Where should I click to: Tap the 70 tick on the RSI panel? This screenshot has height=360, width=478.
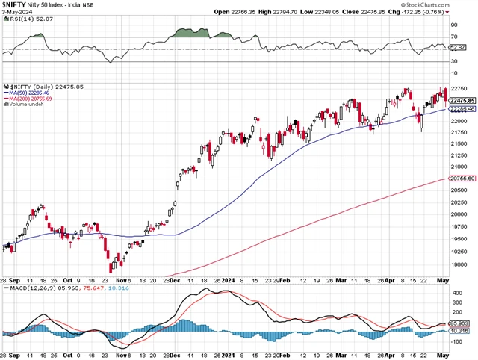coord(454,36)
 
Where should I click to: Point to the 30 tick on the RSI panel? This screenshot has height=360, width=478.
coord(454,61)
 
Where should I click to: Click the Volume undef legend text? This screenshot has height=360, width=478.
coord(25,105)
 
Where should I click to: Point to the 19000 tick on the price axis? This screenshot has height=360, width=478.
coord(460,264)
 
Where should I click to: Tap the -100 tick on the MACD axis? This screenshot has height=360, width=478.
coord(457,341)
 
